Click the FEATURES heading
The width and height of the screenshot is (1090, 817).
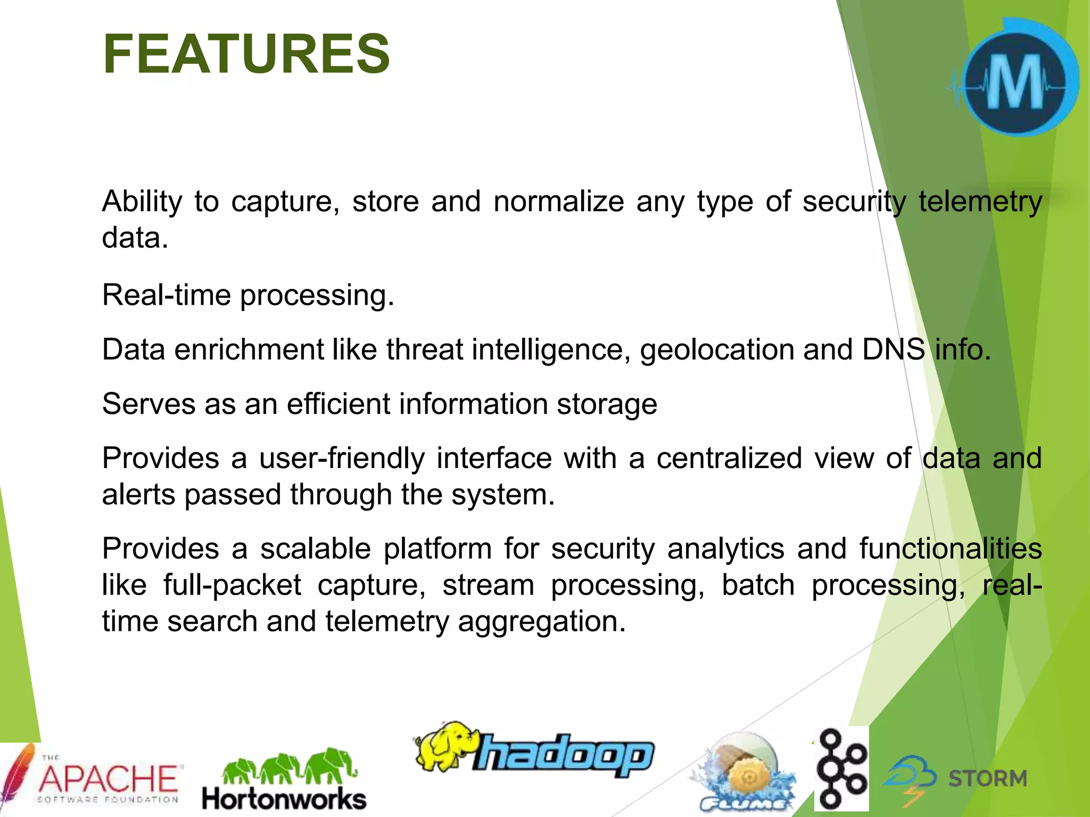(246, 54)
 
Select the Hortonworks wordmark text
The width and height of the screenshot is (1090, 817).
(284, 799)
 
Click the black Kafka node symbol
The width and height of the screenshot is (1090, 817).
(841, 769)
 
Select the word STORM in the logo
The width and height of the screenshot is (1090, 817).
(987, 779)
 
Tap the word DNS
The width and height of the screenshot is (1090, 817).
(893, 349)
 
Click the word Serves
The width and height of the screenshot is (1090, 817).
(148, 404)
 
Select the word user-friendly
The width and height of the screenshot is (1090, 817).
(342, 458)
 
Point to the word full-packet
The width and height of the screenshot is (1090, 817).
(232, 585)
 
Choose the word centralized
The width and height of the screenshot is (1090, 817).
(729, 458)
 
